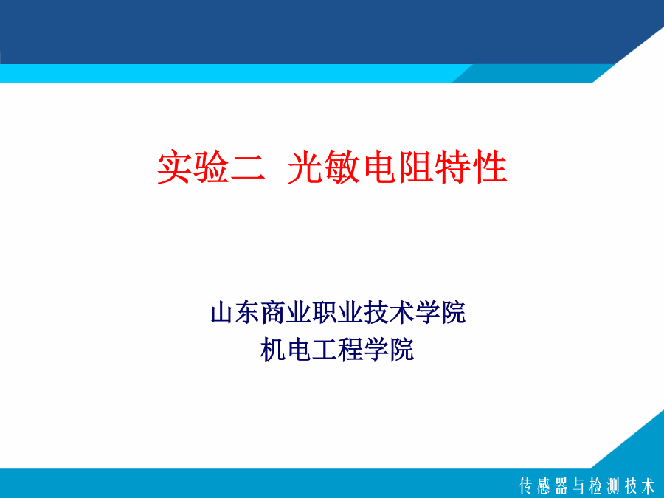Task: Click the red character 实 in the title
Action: (173, 167)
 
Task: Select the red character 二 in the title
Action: (247, 167)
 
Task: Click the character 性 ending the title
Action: (491, 167)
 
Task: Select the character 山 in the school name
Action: (222, 313)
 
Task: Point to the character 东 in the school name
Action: (248, 313)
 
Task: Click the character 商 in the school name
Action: (274, 313)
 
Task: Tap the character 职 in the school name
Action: (325, 313)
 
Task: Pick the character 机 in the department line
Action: (273, 350)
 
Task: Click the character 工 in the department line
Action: (324, 350)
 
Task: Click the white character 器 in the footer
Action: (561, 485)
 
